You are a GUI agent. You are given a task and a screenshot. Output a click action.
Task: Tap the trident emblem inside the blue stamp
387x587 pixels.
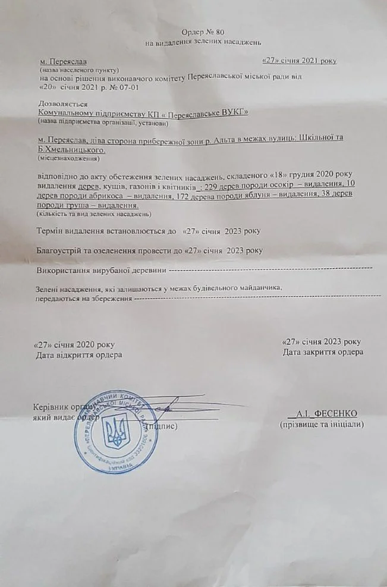point(117,432)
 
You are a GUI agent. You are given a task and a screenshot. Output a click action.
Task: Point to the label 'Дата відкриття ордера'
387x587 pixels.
point(80,355)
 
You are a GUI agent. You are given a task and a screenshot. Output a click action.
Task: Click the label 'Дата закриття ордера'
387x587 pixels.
point(323,352)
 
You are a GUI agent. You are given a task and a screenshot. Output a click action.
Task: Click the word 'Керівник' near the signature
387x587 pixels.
point(52,407)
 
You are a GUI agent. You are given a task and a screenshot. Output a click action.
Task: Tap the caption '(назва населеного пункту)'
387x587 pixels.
point(78,70)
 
